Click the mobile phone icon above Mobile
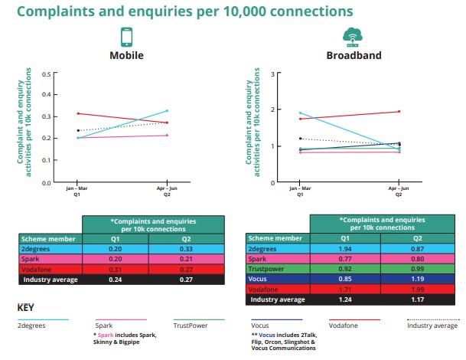point(126,38)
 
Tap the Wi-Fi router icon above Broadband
point(352,37)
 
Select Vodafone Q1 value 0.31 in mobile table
point(116,269)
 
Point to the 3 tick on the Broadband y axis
point(272,74)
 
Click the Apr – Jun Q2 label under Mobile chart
point(167,191)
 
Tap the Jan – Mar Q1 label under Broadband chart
point(300,191)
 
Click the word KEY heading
point(28,308)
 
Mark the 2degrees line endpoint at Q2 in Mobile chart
point(167,111)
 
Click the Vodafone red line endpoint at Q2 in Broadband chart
point(399,112)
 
